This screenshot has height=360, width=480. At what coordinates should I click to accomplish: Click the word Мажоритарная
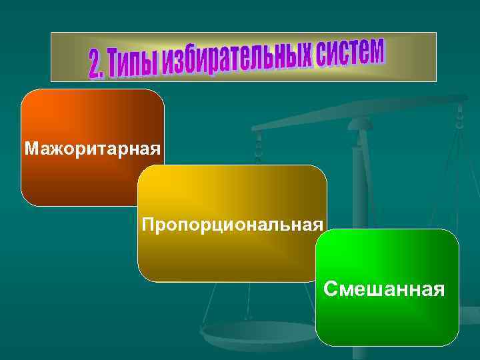[x=92, y=147]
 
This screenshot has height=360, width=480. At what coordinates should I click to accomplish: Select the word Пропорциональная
[x=233, y=223]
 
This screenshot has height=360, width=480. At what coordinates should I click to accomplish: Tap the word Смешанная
[x=384, y=289]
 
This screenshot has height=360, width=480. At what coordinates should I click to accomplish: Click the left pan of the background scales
[x=260, y=330]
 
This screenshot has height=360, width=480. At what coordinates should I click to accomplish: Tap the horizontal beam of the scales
[x=360, y=113]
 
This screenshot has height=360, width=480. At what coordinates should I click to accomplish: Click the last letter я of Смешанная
[x=439, y=290]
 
